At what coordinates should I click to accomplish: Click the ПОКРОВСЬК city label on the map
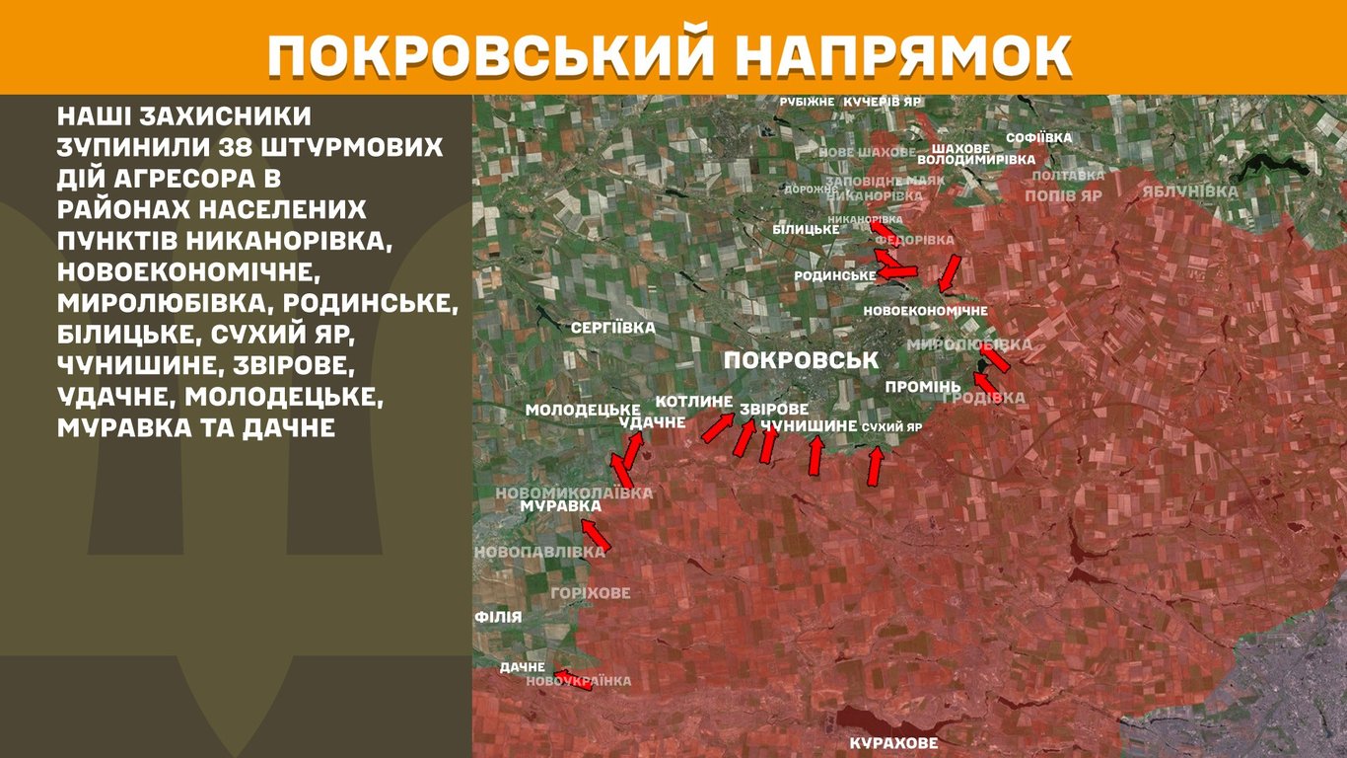[800, 360]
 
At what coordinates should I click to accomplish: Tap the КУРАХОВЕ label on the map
[893, 743]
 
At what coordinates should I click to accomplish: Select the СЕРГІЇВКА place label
[612, 327]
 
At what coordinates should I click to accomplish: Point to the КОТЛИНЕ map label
[694, 402]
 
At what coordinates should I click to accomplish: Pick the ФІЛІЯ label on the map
[498, 617]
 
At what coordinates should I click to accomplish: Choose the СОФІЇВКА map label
[1039, 138]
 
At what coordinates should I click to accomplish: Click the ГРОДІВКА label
[984, 398]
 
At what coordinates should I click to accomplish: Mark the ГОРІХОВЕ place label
[591, 593]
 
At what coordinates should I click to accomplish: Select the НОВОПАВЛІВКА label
[539, 552]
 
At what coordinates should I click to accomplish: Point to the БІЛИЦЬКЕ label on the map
[806, 229]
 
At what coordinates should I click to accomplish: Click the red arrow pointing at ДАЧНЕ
[573, 679]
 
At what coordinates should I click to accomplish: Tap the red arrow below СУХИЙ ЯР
[874, 467]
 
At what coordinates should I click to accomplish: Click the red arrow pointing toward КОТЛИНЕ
[717, 427]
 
